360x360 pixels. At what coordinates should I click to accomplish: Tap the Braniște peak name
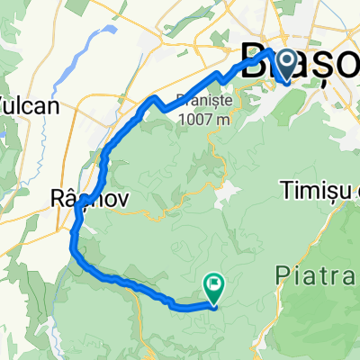pos(205,100)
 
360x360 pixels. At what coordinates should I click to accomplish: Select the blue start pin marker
pos(286,64)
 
